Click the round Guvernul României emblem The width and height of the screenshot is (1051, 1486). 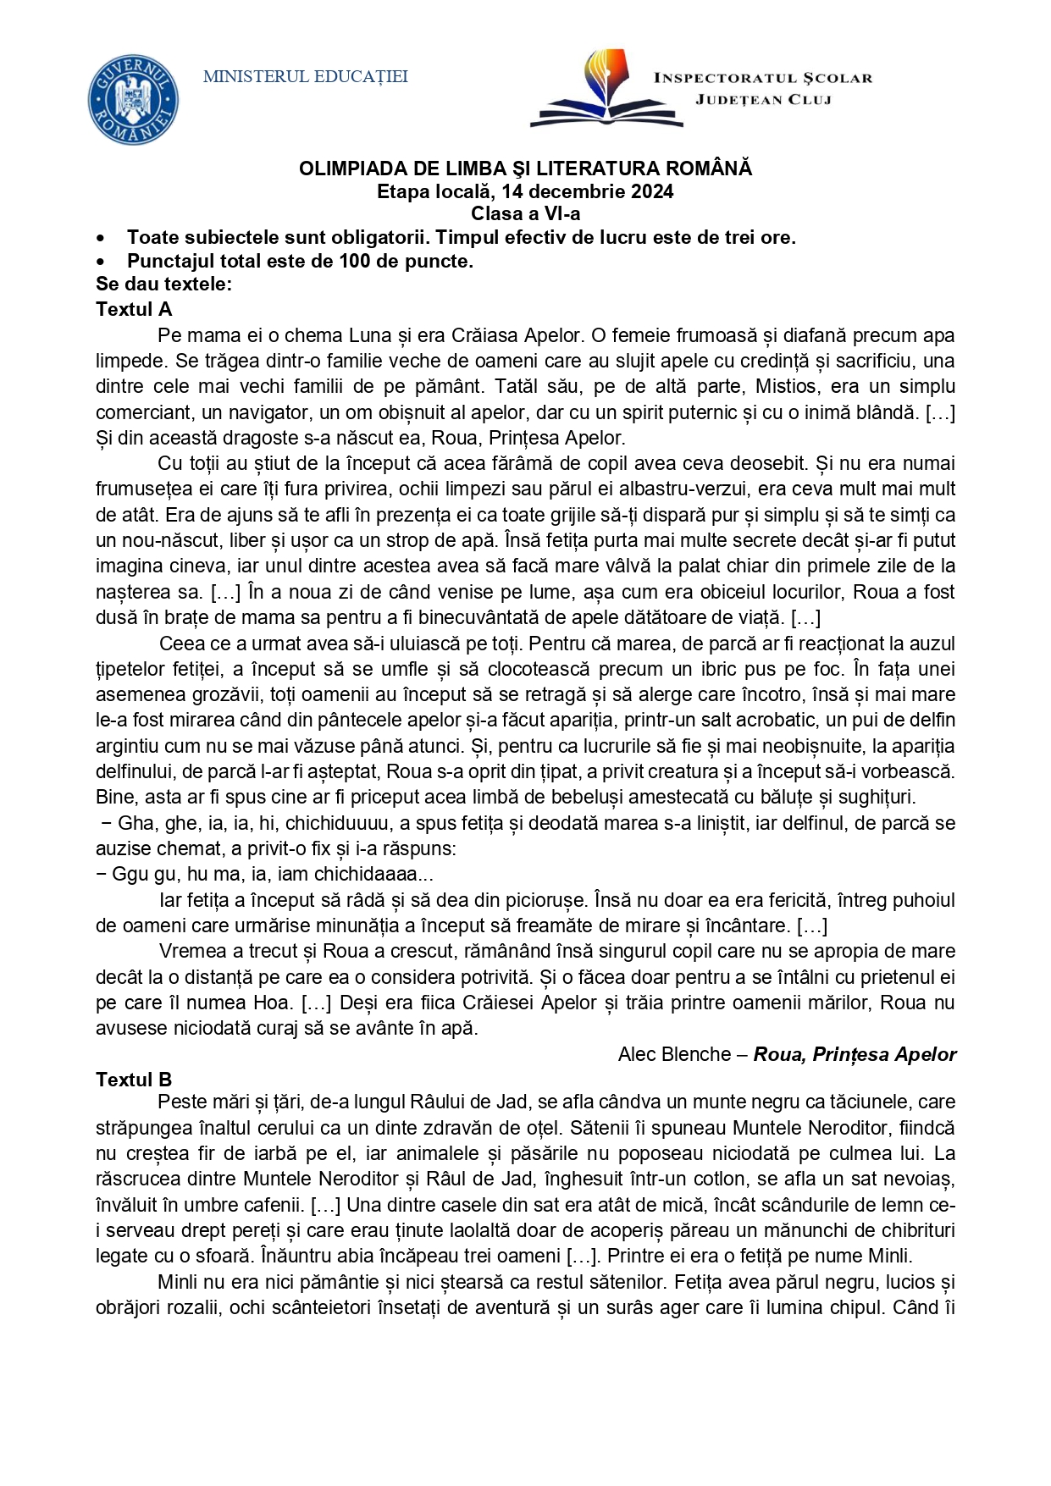pos(133,99)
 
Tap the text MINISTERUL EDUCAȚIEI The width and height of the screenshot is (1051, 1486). pos(306,77)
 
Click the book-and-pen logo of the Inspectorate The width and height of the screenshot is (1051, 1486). pos(606,89)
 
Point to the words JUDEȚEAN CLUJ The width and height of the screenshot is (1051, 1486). pos(763,100)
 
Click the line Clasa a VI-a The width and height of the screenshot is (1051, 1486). pos(525,214)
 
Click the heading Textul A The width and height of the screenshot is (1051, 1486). pos(134,309)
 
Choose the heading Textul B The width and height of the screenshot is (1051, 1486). pos(134,1080)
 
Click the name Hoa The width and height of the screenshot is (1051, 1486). pos(274,1003)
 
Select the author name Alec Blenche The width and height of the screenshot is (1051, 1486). pos(674,1055)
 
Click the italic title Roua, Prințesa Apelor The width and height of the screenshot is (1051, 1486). pos(855,1055)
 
